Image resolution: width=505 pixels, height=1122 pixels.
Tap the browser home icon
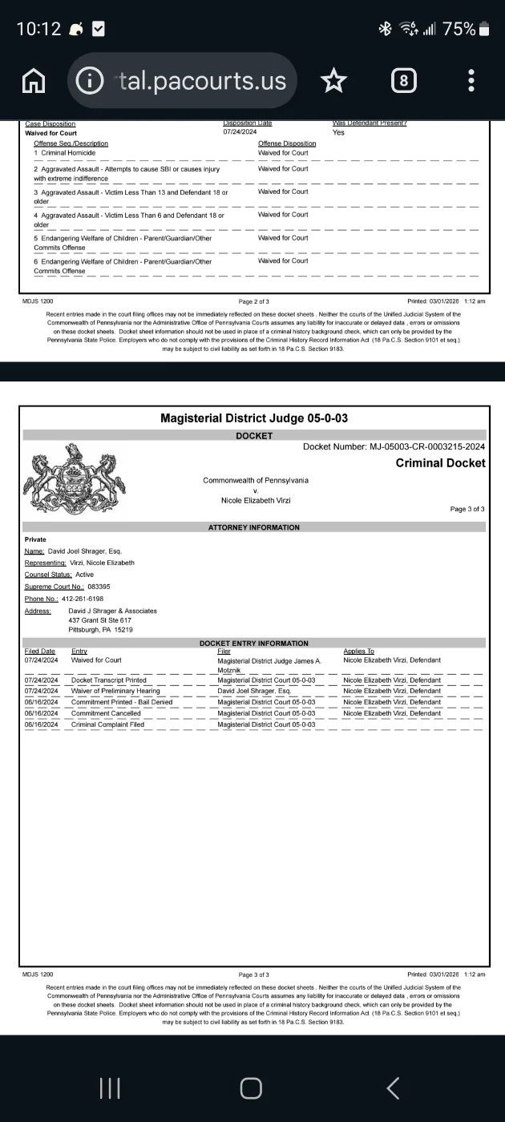33,80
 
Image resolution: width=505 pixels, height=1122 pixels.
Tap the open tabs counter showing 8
403,80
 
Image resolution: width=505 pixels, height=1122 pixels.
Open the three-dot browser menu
471,80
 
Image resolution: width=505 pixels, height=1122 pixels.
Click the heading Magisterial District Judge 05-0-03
253,418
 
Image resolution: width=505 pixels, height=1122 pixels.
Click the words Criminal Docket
440,463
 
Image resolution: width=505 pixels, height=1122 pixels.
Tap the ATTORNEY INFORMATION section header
253,527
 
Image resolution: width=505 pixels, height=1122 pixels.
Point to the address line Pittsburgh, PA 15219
101,630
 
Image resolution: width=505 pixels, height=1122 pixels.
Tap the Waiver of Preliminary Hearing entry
115,691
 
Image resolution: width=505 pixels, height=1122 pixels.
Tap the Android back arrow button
392,1088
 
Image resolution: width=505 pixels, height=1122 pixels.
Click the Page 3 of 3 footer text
253,975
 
